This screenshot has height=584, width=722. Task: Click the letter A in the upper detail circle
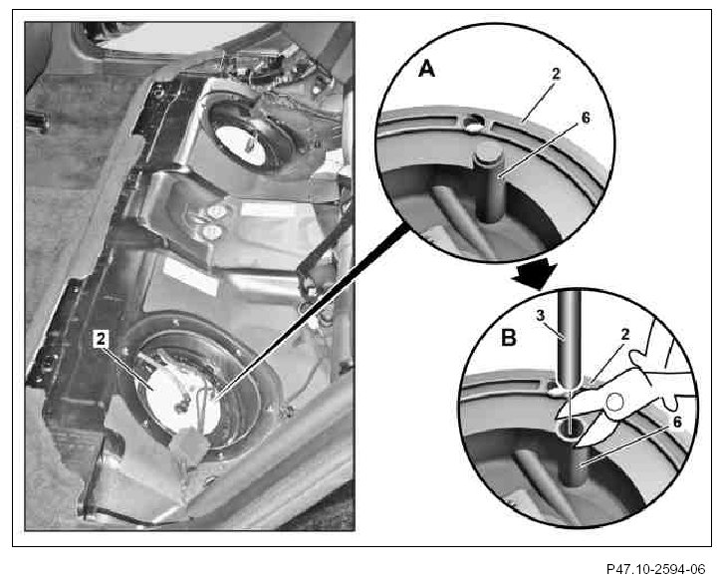click(x=427, y=70)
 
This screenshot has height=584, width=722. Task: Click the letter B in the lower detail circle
click(x=508, y=338)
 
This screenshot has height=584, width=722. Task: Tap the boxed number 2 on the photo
click(x=101, y=339)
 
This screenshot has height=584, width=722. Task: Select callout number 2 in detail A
click(x=557, y=74)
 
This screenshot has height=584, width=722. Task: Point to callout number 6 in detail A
click(x=586, y=118)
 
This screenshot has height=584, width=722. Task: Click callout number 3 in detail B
click(x=541, y=316)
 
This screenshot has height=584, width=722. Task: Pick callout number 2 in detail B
click(x=624, y=335)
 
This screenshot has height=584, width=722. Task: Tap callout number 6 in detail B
click(x=677, y=422)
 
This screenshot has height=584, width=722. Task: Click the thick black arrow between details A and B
click(x=536, y=275)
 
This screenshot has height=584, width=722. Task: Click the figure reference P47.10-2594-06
click(x=655, y=569)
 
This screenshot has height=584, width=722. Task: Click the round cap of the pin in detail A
click(x=487, y=153)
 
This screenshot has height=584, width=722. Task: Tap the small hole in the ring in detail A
click(x=473, y=123)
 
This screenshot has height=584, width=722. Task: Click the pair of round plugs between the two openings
click(x=214, y=222)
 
